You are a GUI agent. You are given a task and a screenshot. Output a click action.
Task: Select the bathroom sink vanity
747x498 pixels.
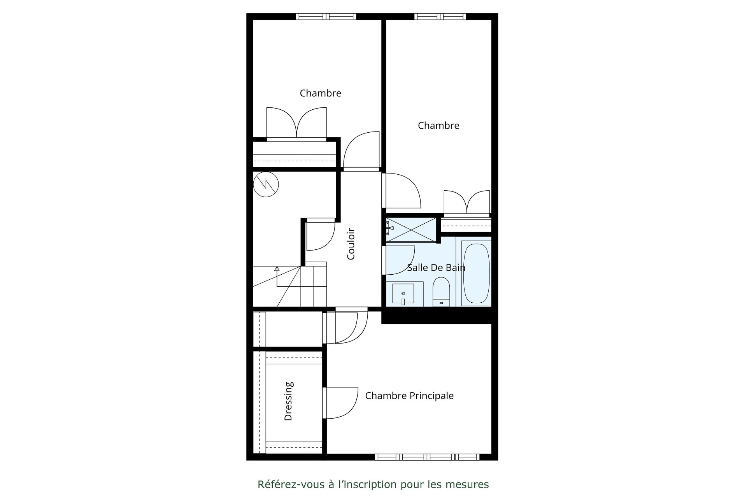point(404,294)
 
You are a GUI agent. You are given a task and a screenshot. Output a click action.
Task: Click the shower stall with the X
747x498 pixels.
point(412,230)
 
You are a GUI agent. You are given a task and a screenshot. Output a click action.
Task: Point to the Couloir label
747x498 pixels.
point(351,244)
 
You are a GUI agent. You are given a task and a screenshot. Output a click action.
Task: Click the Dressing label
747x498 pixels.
point(288,401)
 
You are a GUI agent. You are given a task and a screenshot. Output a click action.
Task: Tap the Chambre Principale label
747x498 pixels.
point(409,396)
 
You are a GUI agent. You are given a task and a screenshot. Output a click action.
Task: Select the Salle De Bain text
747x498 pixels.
point(436,267)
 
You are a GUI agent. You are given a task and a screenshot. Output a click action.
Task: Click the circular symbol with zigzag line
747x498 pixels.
point(266,184)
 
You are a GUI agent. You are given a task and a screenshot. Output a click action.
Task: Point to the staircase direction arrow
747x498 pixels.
point(277,277)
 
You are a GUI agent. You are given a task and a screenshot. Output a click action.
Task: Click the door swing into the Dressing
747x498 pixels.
point(340,403)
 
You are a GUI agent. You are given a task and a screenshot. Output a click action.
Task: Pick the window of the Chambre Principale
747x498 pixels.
point(426,457)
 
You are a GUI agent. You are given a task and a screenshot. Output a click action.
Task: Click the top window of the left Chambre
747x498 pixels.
point(326,17)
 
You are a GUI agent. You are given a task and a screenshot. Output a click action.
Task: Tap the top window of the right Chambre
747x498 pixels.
point(440,17)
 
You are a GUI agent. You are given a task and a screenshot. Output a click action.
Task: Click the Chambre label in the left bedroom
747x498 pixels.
point(321,93)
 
